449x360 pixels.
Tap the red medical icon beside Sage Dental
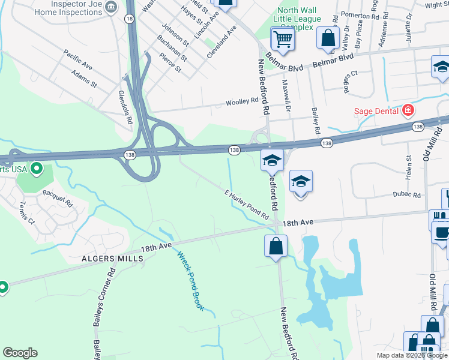(x=408, y=110)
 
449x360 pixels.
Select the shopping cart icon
(x=283, y=40)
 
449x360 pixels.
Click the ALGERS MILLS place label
(x=112, y=259)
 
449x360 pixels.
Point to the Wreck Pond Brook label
(x=190, y=280)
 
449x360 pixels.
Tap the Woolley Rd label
(x=241, y=103)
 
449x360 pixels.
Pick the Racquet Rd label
(x=57, y=194)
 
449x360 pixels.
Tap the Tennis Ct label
(x=27, y=212)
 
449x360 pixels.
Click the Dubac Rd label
(x=407, y=195)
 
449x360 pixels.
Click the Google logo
(x=20, y=353)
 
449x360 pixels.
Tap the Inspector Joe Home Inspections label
(x=67, y=7)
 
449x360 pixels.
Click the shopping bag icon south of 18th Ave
(x=276, y=245)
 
